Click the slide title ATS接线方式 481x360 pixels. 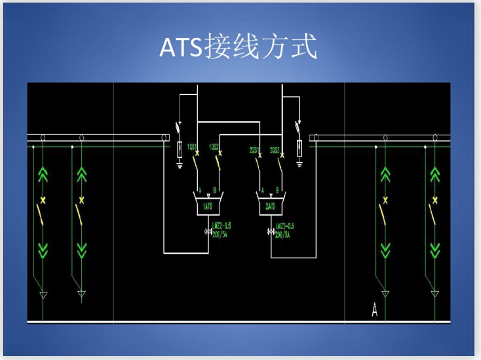tap(239, 47)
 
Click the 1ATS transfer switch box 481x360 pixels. tap(207, 205)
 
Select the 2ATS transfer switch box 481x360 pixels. tap(269, 205)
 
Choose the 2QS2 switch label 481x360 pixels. tap(275, 149)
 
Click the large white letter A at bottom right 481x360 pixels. tap(374, 310)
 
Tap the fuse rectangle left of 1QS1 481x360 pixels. tap(180, 150)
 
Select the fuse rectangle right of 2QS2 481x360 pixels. tap(299, 148)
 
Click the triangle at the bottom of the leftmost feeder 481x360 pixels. tap(43, 294)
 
